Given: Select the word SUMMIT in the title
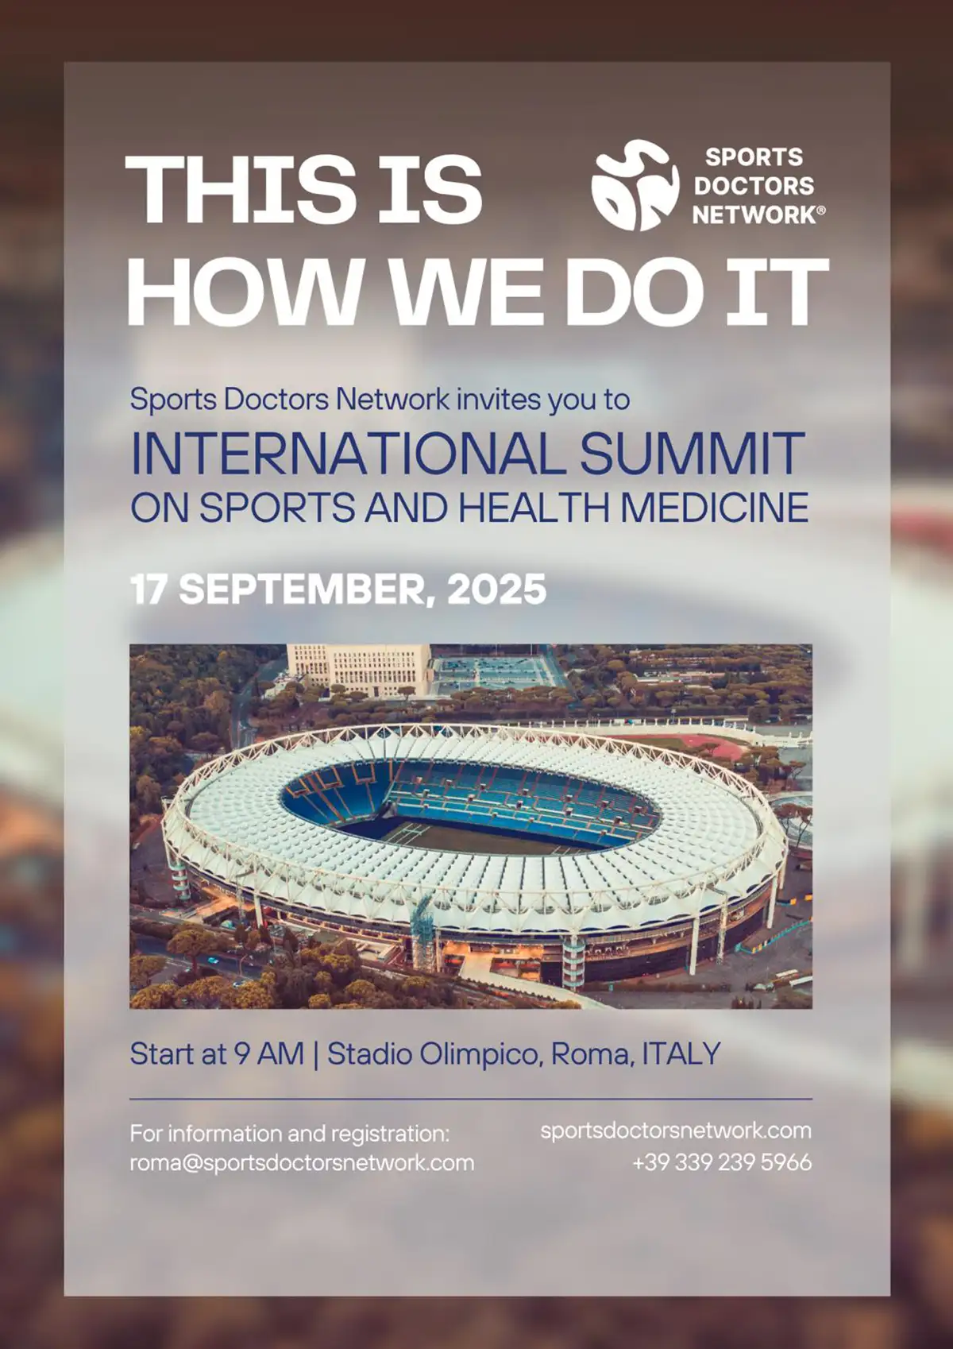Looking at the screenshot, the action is [x=693, y=453].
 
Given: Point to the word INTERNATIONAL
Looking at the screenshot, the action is [x=348, y=453].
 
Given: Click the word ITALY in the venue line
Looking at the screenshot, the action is [x=681, y=1054].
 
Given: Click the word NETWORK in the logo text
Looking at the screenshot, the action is [x=754, y=215].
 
